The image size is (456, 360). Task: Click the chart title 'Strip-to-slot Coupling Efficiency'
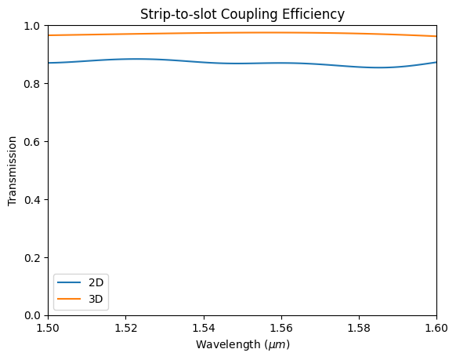pos(242,13)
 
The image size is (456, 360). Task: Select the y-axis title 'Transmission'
pos(13,171)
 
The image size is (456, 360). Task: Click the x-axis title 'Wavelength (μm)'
pos(242,345)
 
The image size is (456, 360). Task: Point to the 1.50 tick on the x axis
pos(48,329)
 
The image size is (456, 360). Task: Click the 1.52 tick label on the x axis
pos(125,329)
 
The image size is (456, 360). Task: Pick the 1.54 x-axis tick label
pos(203,329)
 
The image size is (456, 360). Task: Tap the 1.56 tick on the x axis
pos(280,329)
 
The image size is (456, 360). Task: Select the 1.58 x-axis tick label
pos(359,329)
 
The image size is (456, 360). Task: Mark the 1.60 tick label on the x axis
pos(436,329)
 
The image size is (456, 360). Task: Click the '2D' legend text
pos(96,282)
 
